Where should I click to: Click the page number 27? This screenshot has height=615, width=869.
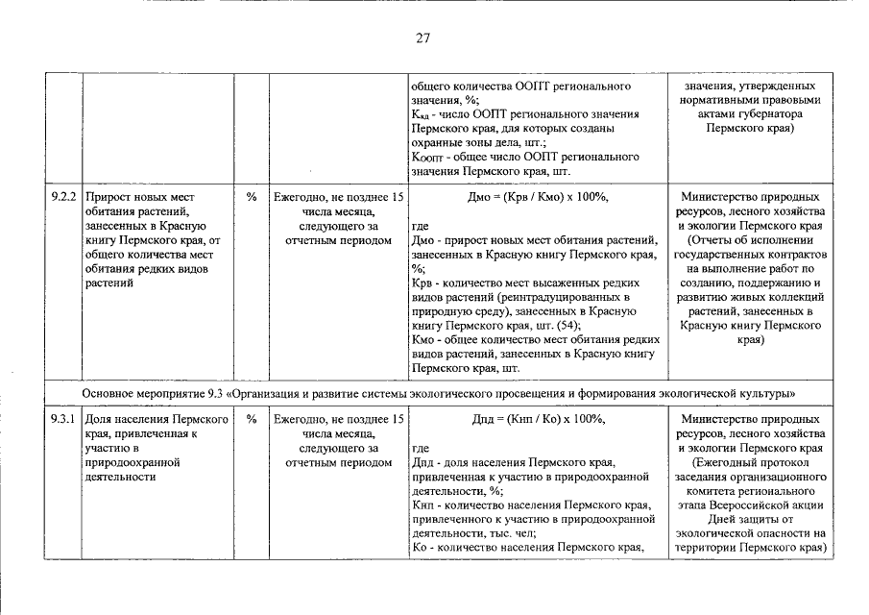point(423,38)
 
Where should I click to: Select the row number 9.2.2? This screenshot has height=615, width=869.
point(65,196)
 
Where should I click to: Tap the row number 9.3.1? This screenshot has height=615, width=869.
point(65,421)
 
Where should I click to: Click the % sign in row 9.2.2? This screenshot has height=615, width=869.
point(252,196)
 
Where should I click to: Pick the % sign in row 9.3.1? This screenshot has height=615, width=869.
point(252,421)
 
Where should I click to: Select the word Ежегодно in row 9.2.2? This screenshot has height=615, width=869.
point(302,196)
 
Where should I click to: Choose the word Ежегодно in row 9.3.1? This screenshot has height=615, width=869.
point(302,421)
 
